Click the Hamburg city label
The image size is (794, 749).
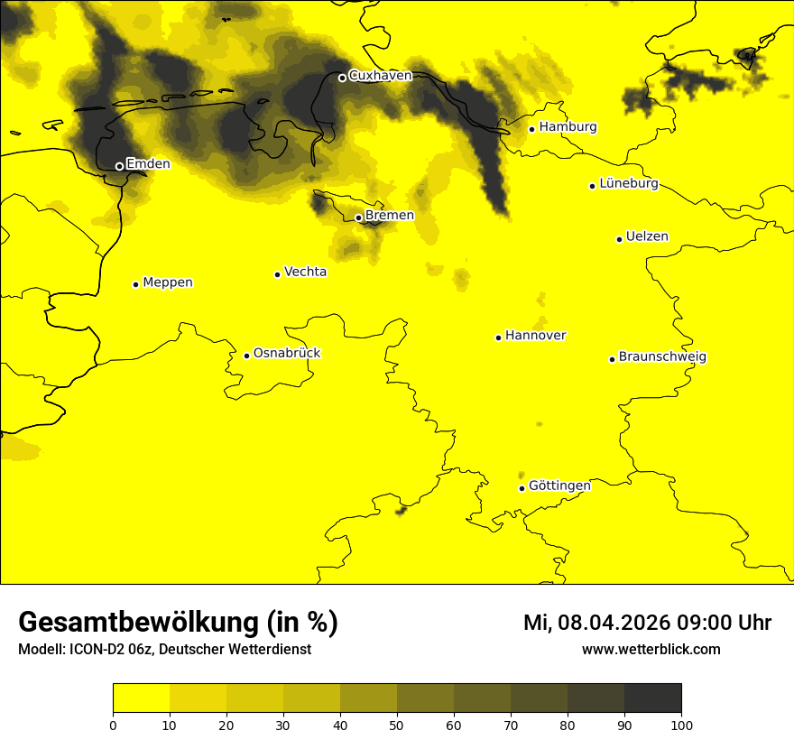tap(568, 127)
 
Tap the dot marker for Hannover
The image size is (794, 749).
tap(498, 338)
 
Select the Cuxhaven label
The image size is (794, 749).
tap(380, 76)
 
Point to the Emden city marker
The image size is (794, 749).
tap(119, 166)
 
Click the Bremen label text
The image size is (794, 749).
tap(390, 216)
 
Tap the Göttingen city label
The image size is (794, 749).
tap(559, 485)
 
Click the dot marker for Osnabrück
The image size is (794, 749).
tap(246, 356)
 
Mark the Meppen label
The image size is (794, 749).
tap(168, 282)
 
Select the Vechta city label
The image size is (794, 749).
tap(305, 272)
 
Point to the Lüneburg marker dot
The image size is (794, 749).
tap(592, 186)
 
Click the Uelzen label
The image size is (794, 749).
tap(647, 236)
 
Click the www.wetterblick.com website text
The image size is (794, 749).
tap(651, 650)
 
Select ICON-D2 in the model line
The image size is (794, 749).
tap(97, 650)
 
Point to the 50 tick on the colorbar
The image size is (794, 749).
tap(397, 724)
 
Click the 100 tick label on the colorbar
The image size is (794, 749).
tap(681, 724)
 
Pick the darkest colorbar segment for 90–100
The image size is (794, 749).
tap(652, 698)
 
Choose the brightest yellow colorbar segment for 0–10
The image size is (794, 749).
tap(141, 698)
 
